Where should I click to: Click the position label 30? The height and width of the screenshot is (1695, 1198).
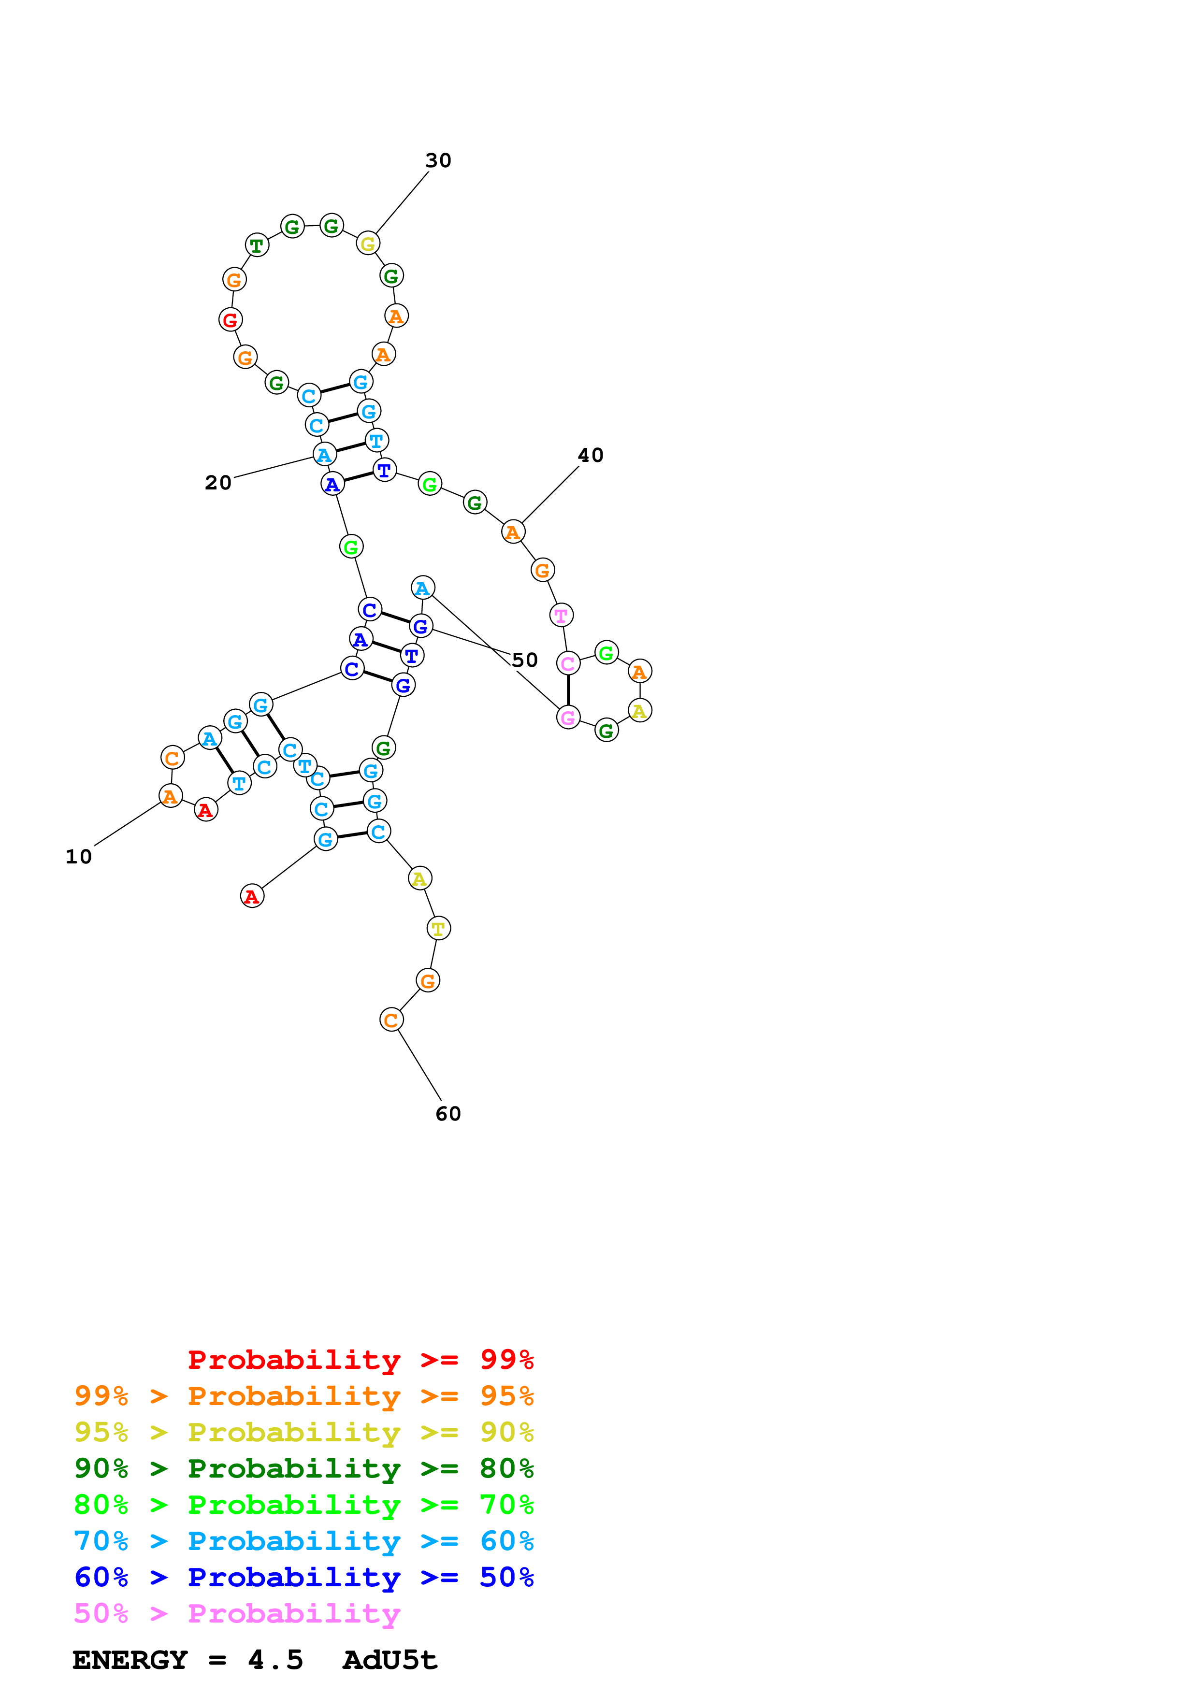point(438,160)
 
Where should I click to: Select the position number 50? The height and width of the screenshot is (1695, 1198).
point(525,660)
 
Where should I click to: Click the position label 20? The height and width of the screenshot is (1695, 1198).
point(218,483)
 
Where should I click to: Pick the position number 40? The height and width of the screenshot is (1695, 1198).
point(591,456)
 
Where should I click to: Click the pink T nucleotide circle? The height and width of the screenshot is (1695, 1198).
point(562,615)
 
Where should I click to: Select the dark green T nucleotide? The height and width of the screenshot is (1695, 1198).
point(257,245)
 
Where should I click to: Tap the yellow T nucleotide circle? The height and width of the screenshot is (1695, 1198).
point(438,929)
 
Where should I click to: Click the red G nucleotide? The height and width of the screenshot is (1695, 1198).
point(231,320)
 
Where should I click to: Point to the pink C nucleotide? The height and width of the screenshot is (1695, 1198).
point(568,664)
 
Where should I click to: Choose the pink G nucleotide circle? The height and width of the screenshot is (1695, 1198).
point(568,718)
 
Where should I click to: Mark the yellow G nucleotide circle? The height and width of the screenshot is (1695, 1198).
point(368,243)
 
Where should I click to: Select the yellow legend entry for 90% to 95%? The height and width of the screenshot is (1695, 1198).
point(303,1432)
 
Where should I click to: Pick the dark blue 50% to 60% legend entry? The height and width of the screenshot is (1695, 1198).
point(303,1577)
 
